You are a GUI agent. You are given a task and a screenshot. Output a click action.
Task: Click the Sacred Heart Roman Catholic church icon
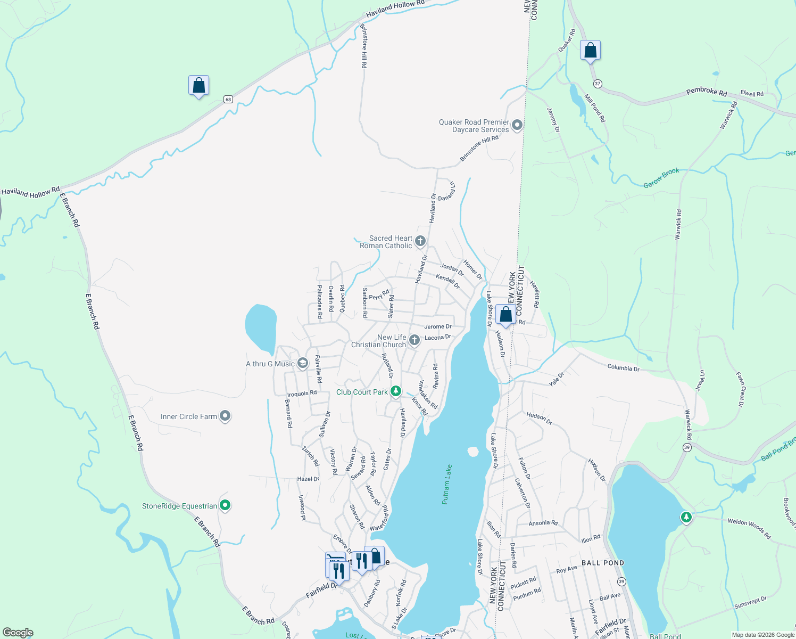pyautogui.click(x=420, y=242)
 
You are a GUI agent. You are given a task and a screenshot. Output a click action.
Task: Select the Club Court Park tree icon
pyautogui.click(x=395, y=391)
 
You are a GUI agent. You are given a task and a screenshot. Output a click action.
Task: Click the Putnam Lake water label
pyautogui.click(x=447, y=484)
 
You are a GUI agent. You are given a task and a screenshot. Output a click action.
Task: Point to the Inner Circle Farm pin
pyautogui.click(x=225, y=416)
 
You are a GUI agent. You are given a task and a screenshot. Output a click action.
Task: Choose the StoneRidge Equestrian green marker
pyautogui.click(x=225, y=505)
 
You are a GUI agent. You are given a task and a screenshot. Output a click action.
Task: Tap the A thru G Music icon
pyautogui.click(x=302, y=363)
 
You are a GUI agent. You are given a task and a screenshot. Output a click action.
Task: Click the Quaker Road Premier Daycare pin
pyautogui.click(x=517, y=125)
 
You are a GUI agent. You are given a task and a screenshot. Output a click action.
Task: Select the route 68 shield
pyautogui.click(x=228, y=99)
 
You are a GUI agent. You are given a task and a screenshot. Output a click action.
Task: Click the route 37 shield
pyautogui.click(x=598, y=84)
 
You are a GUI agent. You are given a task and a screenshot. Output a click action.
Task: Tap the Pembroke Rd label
pyautogui.click(x=706, y=92)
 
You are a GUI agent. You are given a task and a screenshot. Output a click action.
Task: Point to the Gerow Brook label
pyautogui.click(x=661, y=178)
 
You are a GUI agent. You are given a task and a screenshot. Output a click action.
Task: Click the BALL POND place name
pyautogui.click(x=602, y=563)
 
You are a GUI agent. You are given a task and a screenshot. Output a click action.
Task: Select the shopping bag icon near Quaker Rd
pyautogui.click(x=590, y=51)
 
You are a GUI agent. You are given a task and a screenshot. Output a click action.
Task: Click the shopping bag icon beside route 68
pyautogui.click(x=198, y=85)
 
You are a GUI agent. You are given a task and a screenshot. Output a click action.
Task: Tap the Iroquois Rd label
pyautogui.click(x=302, y=394)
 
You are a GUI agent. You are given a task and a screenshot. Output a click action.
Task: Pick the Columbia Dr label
pyautogui.click(x=623, y=368)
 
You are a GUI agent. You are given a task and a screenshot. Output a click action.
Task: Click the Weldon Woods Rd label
pyautogui.click(x=749, y=529)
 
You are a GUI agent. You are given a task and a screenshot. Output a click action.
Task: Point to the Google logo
pyautogui.click(x=18, y=633)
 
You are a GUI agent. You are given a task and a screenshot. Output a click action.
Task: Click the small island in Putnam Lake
pyautogui.click(x=472, y=452)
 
